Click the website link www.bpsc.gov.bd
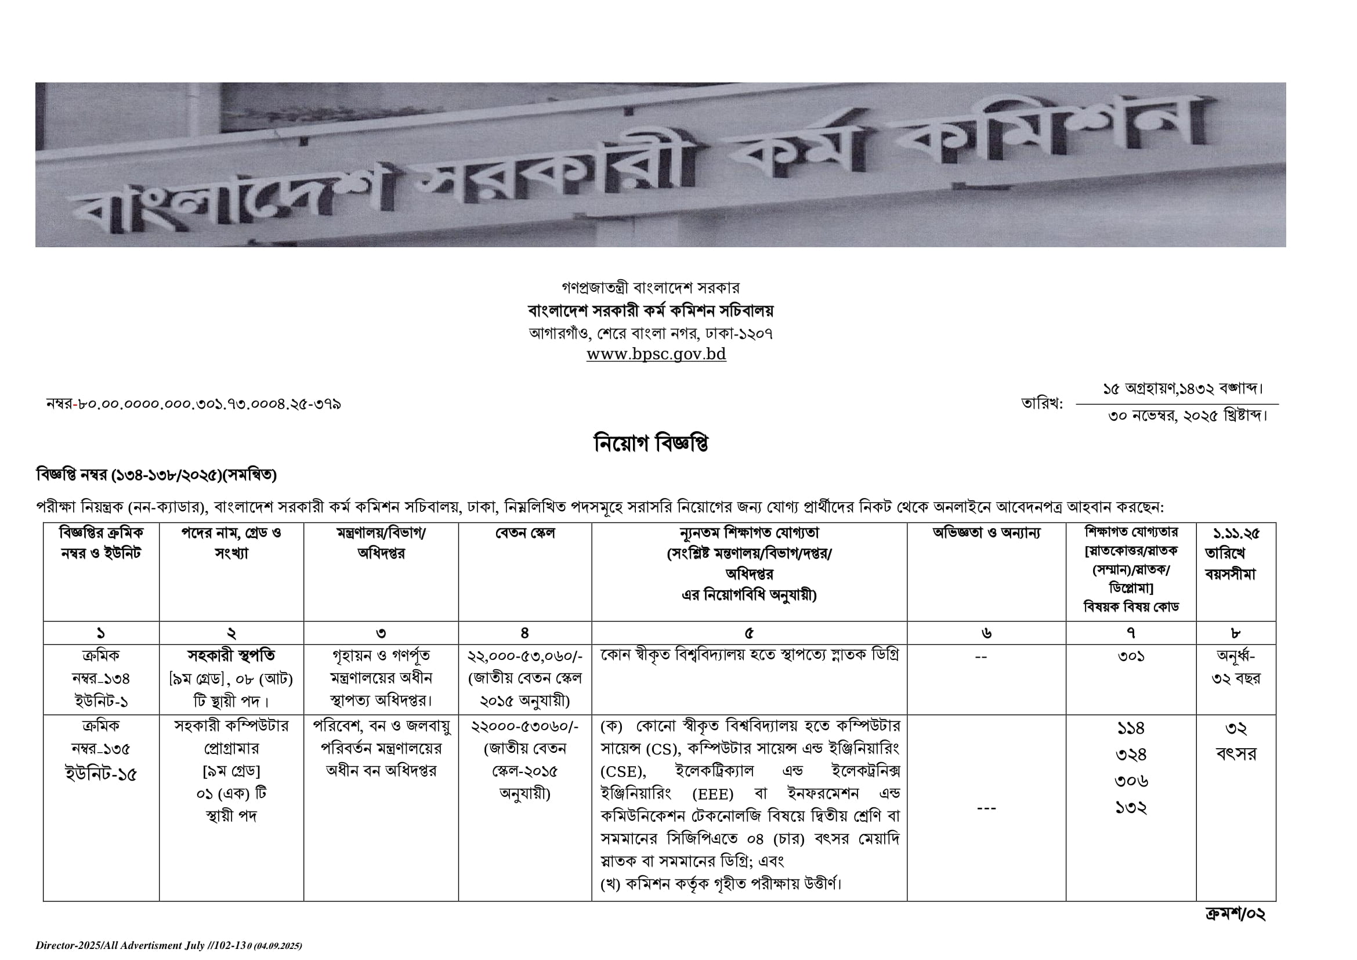click(x=656, y=354)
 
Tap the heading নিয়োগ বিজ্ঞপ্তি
click(x=651, y=443)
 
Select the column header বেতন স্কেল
click(x=525, y=533)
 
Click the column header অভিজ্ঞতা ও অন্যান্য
click(x=986, y=533)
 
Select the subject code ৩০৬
click(x=1131, y=781)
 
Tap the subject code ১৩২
click(x=1131, y=807)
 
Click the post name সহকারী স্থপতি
click(x=231, y=655)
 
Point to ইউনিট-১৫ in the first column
click(x=100, y=774)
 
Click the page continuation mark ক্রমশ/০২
click(x=1235, y=914)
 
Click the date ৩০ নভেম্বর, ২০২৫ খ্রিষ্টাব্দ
click(x=1188, y=416)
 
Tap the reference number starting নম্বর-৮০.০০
click(x=193, y=405)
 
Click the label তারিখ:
click(x=1041, y=405)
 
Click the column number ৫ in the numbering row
click(x=749, y=633)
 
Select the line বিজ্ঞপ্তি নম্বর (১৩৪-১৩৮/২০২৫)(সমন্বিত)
click(x=156, y=475)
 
